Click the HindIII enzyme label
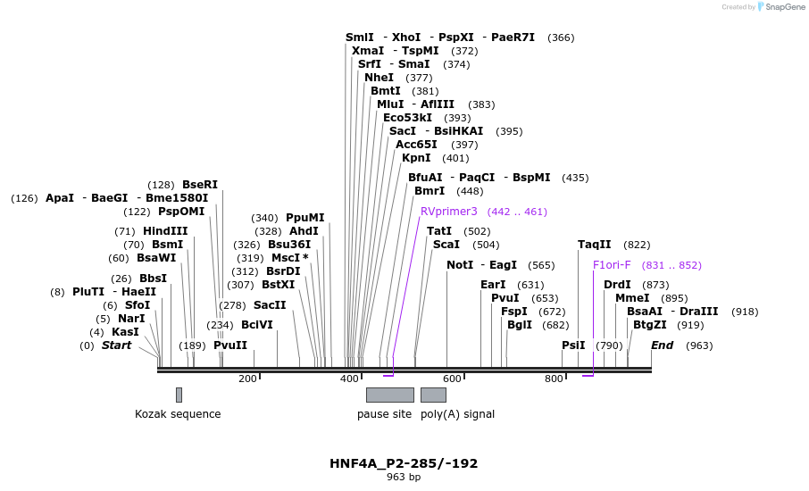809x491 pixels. pos(165,230)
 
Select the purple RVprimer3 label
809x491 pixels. pos(449,212)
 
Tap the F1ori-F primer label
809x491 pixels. pos(612,265)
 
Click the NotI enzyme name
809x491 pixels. pos(460,265)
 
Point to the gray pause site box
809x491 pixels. pos(389,395)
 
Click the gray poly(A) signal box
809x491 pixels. pos(433,395)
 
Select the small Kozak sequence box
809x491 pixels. pos(179,395)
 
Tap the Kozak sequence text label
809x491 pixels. pos(178,414)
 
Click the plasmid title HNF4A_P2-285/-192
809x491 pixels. pos(404,463)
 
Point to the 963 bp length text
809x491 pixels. pos(404,478)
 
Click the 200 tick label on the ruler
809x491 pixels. pos(247,379)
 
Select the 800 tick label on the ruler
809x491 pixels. pos(554,379)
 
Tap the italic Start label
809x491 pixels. pos(116,345)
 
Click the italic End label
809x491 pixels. pos(662,345)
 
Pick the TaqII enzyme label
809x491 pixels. pos(594,244)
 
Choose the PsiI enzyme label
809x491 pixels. pos(573,345)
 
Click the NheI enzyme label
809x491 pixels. pos(379,78)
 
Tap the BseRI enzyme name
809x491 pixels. pos(200,185)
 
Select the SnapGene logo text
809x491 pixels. pos(783,7)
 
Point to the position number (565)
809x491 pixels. pos(541,265)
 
